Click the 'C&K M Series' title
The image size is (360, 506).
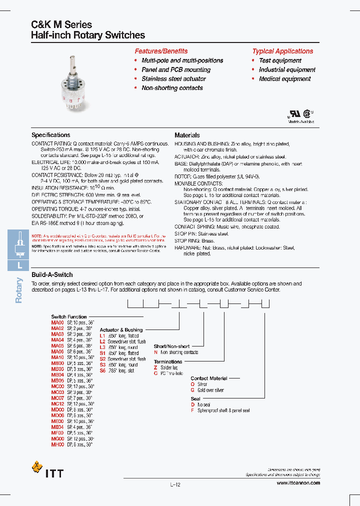tap(61, 24)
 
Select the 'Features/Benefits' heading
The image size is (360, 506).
tap(161, 51)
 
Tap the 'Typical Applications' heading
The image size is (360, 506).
tap(282, 51)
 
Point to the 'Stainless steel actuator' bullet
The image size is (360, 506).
tap(173, 79)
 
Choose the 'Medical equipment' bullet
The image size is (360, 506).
tap(284, 79)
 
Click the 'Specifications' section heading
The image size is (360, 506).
tap(50, 135)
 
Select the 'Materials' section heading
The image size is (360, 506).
tap(187, 135)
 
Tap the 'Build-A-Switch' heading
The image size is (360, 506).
tap(52, 274)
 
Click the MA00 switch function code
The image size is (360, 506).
tap(57, 322)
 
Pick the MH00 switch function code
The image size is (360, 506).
tap(57, 444)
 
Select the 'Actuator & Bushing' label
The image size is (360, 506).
tap(121, 330)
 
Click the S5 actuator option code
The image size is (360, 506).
tap(103, 370)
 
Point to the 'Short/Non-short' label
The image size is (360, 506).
tap(171, 346)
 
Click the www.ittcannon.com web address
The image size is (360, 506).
tap(298, 482)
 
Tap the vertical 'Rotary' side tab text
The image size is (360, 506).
tap(19, 290)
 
